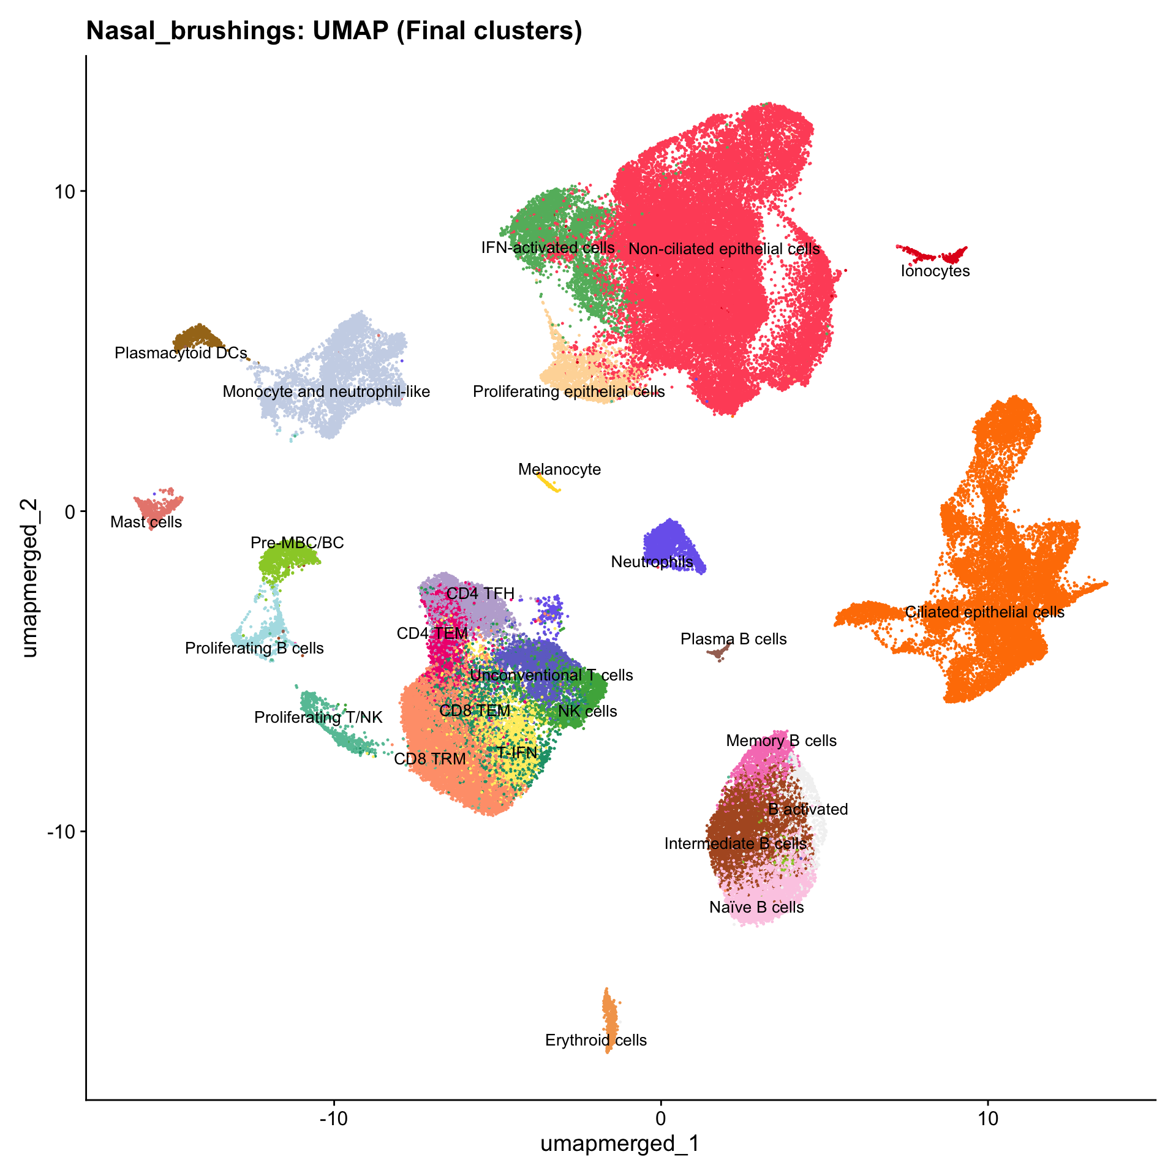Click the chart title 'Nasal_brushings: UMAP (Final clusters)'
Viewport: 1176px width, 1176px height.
click(334, 31)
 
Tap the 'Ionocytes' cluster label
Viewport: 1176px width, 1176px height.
click(935, 271)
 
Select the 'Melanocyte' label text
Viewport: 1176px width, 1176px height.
click(559, 470)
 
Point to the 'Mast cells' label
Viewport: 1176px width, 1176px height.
click(146, 522)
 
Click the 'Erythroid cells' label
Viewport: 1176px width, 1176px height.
click(596, 1040)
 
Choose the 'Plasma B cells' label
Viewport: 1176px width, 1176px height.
click(733, 639)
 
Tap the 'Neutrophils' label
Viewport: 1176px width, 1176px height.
click(652, 562)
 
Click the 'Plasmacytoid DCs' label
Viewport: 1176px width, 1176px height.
click(181, 353)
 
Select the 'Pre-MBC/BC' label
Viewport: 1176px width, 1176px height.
click(297, 543)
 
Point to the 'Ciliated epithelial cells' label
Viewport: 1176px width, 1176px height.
click(985, 612)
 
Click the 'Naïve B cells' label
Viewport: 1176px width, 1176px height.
click(756, 907)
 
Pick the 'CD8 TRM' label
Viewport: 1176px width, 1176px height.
click(430, 759)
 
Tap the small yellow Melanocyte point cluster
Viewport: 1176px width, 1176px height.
click(548, 482)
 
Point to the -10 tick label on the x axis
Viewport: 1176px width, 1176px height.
click(334, 1118)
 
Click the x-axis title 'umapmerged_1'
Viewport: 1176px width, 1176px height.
click(620, 1144)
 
